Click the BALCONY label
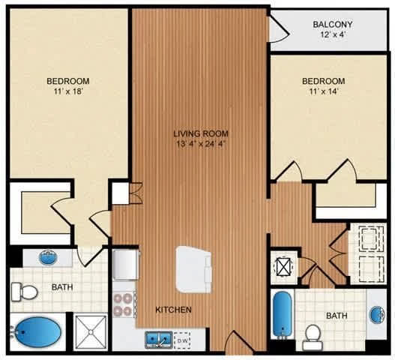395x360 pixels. pos(332,25)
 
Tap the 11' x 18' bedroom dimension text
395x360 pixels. pos(68,91)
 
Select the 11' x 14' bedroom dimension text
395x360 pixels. pos(324,91)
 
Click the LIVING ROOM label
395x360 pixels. pos(201,133)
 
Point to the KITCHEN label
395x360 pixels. pos(174,309)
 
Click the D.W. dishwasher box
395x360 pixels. pos(182,340)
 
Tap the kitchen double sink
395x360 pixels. pos(159,340)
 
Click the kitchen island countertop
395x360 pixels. pos(193,269)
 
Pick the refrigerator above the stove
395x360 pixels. pos(125,264)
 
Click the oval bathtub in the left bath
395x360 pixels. pos(36,332)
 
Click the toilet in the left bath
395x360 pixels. pos(25,292)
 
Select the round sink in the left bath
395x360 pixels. pos(49,257)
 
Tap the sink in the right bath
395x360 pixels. pos(378,315)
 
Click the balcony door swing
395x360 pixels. pos(279,29)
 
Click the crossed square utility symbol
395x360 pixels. pos(284,267)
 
